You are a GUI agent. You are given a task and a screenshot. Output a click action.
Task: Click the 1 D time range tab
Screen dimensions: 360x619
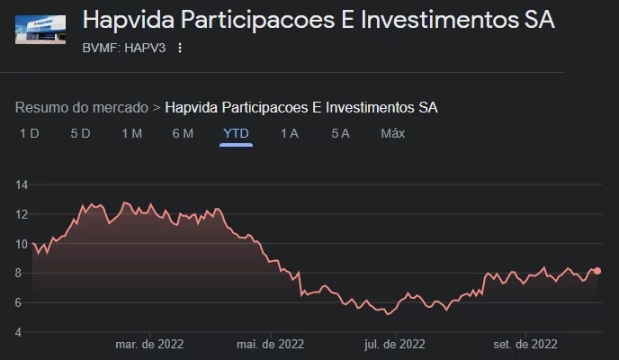click(30, 133)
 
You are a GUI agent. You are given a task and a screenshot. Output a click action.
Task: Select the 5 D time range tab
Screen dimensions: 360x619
click(80, 133)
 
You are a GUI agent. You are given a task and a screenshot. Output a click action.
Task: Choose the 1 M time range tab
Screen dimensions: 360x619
click(131, 133)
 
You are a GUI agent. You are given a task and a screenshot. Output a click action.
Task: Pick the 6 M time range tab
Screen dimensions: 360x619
click(183, 133)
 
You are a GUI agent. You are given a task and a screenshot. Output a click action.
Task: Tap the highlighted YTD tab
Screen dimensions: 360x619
click(236, 133)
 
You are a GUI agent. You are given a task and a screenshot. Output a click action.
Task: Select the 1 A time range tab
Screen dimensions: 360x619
click(289, 133)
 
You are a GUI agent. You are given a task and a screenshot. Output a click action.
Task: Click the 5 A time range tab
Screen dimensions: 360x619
click(340, 133)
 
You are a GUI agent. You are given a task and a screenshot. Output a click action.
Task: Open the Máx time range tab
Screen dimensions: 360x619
click(392, 133)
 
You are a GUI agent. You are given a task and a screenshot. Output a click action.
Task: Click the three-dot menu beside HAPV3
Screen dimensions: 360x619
click(179, 48)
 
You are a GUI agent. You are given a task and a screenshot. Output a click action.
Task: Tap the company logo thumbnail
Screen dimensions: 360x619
click(40, 29)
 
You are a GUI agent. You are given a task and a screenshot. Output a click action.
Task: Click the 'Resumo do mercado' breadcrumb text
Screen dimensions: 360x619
click(82, 107)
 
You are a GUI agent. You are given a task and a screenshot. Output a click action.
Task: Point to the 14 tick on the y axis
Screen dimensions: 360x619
click(22, 184)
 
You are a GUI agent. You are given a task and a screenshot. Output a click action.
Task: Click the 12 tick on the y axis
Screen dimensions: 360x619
click(22, 214)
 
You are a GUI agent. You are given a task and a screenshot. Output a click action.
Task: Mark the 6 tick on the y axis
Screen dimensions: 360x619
click(22, 302)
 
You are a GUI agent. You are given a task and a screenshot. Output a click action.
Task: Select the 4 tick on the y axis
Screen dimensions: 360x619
click(22, 332)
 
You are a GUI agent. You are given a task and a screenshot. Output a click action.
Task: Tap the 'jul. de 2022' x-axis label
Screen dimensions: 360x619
click(394, 344)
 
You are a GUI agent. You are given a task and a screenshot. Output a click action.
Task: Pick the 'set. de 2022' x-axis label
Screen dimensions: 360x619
click(525, 344)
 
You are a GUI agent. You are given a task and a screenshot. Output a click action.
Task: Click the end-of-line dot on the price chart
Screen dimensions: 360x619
click(597, 271)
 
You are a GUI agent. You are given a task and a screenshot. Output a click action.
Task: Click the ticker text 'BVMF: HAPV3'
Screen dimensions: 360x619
click(124, 48)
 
